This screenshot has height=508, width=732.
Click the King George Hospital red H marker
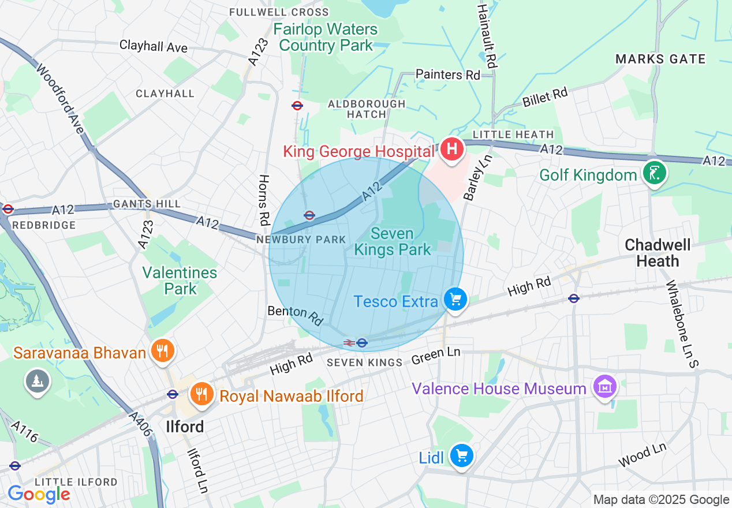(453, 150)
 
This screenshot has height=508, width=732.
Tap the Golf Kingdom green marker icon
(655, 173)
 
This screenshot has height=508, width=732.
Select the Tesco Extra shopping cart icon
(456, 300)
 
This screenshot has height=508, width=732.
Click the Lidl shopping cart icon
(461, 456)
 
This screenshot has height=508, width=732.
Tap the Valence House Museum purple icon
(604, 387)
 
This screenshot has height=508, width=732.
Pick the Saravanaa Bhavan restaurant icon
(163, 350)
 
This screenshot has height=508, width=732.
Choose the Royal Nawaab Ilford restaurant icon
(201, 394)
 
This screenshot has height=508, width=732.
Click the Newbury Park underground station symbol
(309, 215)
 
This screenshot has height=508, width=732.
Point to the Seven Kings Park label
(393, 242)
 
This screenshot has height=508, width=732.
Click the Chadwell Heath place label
(658, 253)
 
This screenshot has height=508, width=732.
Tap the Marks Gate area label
(660, 59)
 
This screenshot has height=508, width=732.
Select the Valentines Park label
(180, 281)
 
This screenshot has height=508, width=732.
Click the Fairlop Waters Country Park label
(326, 37)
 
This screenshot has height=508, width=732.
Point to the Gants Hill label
(147, 204)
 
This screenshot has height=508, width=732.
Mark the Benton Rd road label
(295, 315)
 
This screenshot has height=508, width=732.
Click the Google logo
(39, 494)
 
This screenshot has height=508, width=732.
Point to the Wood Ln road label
(642, 455)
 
